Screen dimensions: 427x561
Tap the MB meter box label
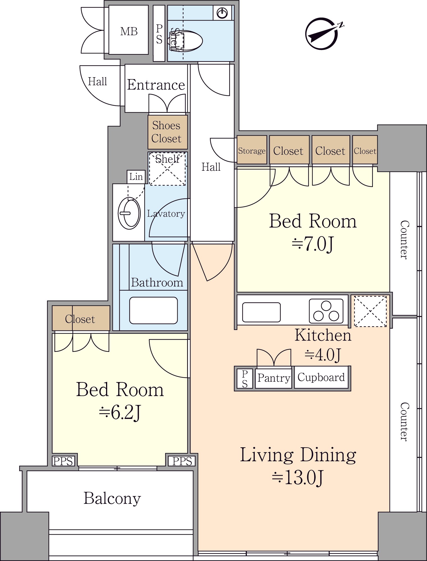(129, 31)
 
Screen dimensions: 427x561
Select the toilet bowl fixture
(186, 41)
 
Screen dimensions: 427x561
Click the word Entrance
(156, 85)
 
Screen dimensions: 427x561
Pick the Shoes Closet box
(167, 132)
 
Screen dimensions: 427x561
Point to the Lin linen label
(136, 177)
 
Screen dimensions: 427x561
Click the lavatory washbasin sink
(129, 213)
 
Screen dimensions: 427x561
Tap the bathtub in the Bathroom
(153, 310)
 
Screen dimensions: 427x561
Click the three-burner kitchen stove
(326, 311)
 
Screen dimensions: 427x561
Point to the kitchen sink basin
(261, 312)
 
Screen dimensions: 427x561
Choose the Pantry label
(274, 378)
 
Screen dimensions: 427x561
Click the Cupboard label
(321, 377)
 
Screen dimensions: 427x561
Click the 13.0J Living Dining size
(298, 478)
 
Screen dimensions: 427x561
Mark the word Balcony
(112, 498)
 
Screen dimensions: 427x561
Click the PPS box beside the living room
(182, 461)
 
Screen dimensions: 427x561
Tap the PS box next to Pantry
(245, 378)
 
